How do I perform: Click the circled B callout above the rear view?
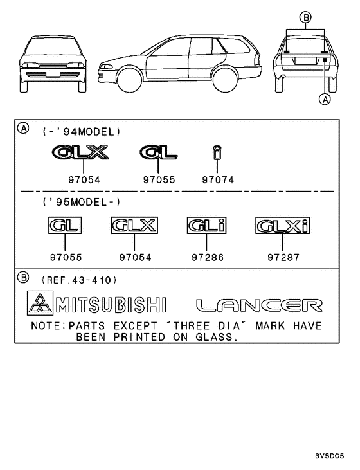(x=305, y=17)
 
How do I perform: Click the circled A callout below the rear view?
(x=325, y=99)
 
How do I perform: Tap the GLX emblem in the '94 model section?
(x=80, y=152)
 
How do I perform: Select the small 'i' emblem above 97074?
(x=217, y=152)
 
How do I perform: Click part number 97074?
(x=218, y=180)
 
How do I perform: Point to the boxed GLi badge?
(x=206, y=226)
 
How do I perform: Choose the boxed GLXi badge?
(x=283, y=226)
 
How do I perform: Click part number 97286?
(x=208, y=257)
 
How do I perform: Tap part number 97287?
(x=283, y=257)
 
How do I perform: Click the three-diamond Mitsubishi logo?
(x=40, y=303)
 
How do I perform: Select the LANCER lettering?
(x=260, y=305)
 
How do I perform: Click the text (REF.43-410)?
(x=79, y=280)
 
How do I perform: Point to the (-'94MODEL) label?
(x=82, y=132)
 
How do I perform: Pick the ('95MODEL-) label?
(x=82, y=203)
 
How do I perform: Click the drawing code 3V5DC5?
(x=329, y=456)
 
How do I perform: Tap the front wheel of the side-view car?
(x=129, y=80)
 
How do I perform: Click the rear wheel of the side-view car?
(x=226, y=80)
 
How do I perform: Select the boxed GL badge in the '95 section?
(x=65, y=226)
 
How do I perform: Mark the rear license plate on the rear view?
(x=305, y=60)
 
